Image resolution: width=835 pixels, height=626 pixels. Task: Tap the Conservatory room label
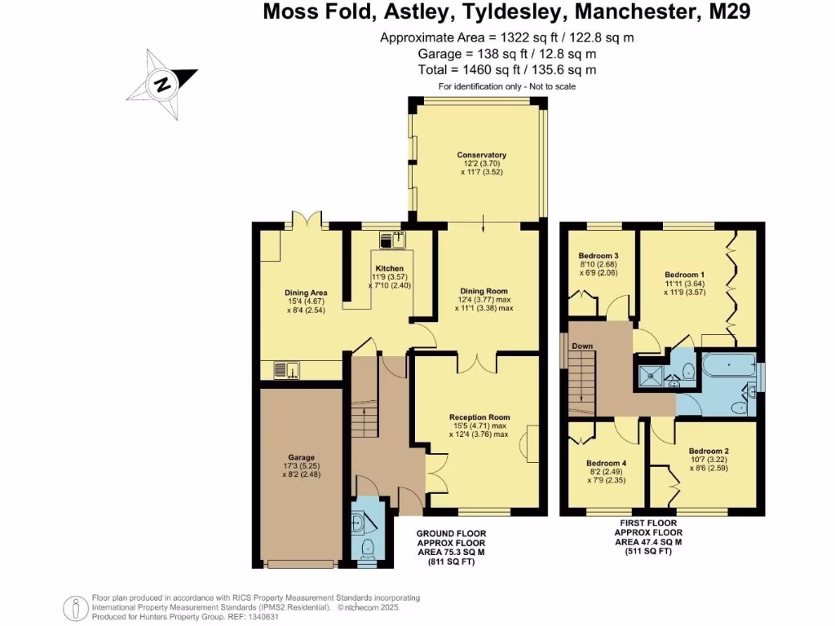(481, 155)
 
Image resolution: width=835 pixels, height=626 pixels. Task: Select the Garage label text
(301, 458)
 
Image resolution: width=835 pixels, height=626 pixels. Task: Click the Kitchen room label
(389, 268)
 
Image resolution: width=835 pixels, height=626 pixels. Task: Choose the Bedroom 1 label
(684, 275)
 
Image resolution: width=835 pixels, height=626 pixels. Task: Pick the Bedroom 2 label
(708, 451)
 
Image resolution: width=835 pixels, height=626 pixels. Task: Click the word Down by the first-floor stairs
(582, 346)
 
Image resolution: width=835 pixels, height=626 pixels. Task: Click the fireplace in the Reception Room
(532, 445)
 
